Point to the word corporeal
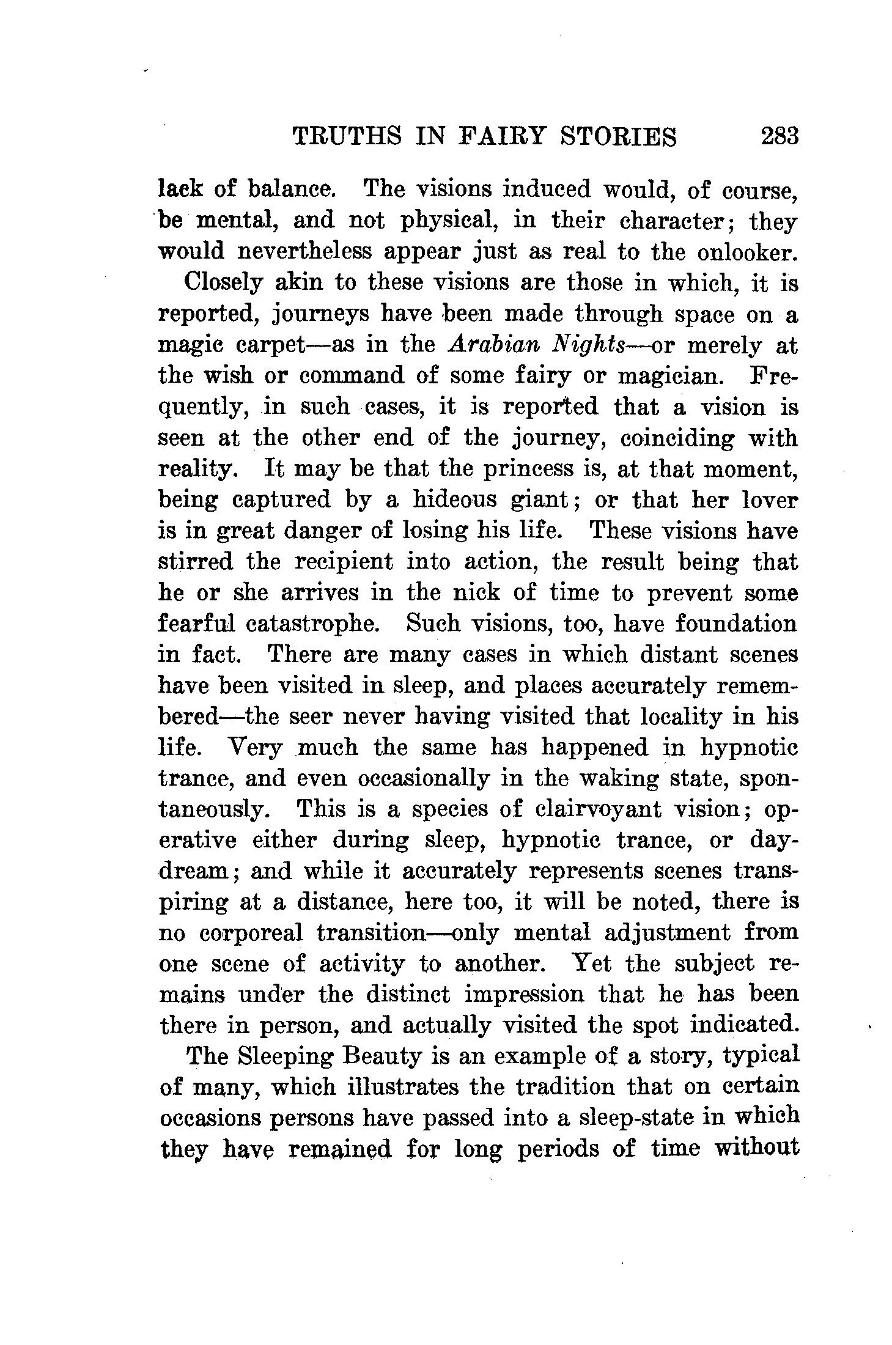coord(251,934)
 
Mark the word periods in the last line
coord(558,1149)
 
